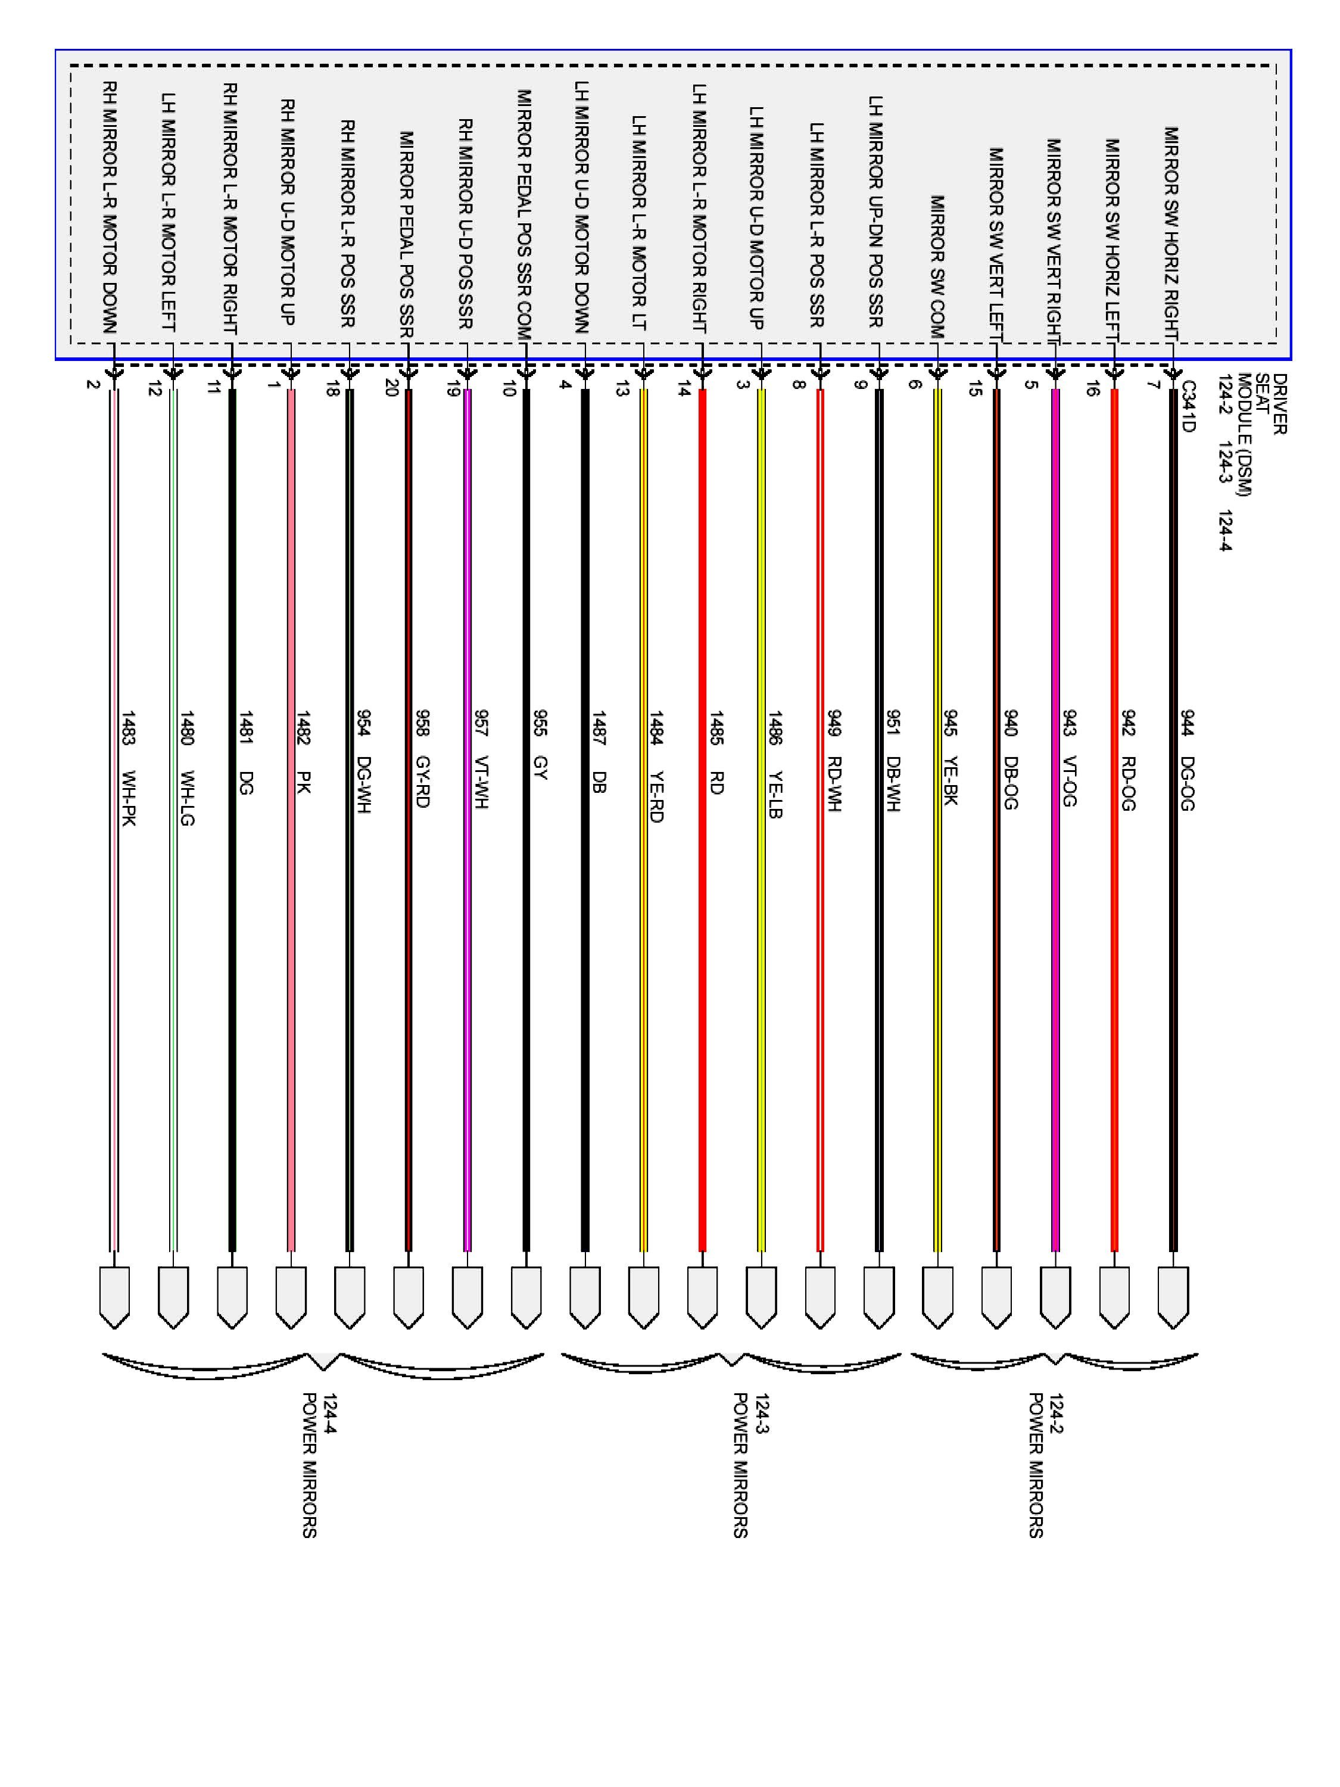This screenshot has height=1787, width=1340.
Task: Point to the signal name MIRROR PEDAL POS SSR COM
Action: (x=524, y=213)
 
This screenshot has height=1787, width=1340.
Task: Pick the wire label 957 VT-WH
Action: (x=481, y=759)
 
